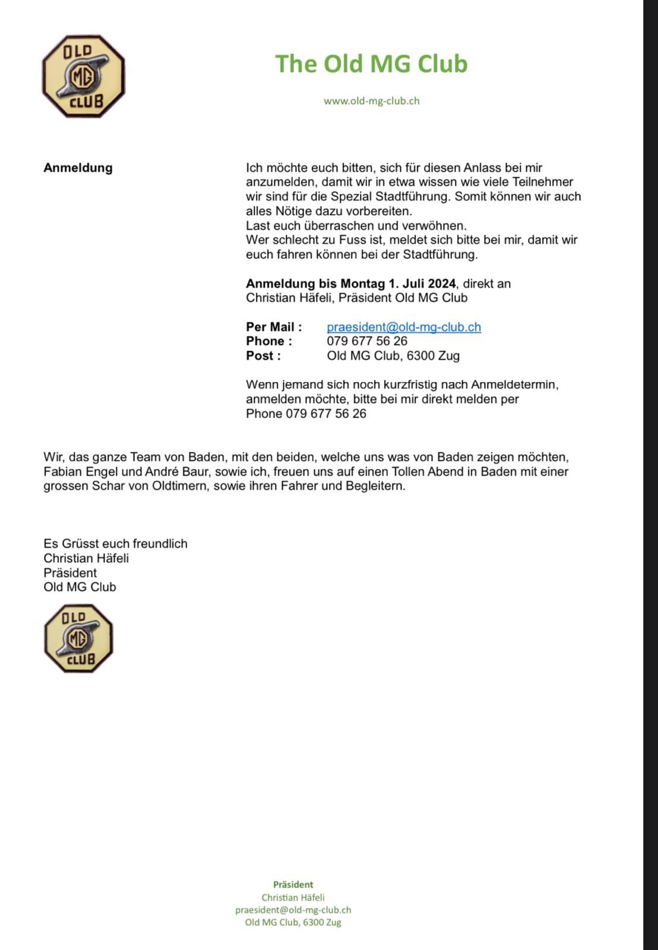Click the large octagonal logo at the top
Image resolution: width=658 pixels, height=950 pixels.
[x=83, y=76]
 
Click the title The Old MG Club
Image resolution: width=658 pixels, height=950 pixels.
[x=371, y=64]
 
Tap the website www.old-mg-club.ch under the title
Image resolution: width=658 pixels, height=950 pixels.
[x=371, y=101]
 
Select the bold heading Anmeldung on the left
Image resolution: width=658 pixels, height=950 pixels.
[x=78, y=167]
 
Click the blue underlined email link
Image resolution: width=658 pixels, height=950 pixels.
[x=404, y=327]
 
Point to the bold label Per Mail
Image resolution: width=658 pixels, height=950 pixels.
[x=274, y=327]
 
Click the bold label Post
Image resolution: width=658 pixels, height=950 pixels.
[x=263, y=356]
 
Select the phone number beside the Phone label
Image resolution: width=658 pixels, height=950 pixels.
[x=367, y=341]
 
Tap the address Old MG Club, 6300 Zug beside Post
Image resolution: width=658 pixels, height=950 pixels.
[x=393, y=356]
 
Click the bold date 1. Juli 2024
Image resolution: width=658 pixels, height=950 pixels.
[x=422, y=283]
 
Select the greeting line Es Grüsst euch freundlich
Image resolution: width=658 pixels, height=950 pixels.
[x=115, y=543]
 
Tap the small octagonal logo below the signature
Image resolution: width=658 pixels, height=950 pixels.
[x=78, y=638]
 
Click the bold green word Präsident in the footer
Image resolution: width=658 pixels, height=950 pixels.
[x=293, y=884]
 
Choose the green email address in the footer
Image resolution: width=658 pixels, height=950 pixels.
[x=293, y=910]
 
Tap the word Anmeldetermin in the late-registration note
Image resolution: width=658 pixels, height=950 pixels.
[x=514, y=384]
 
